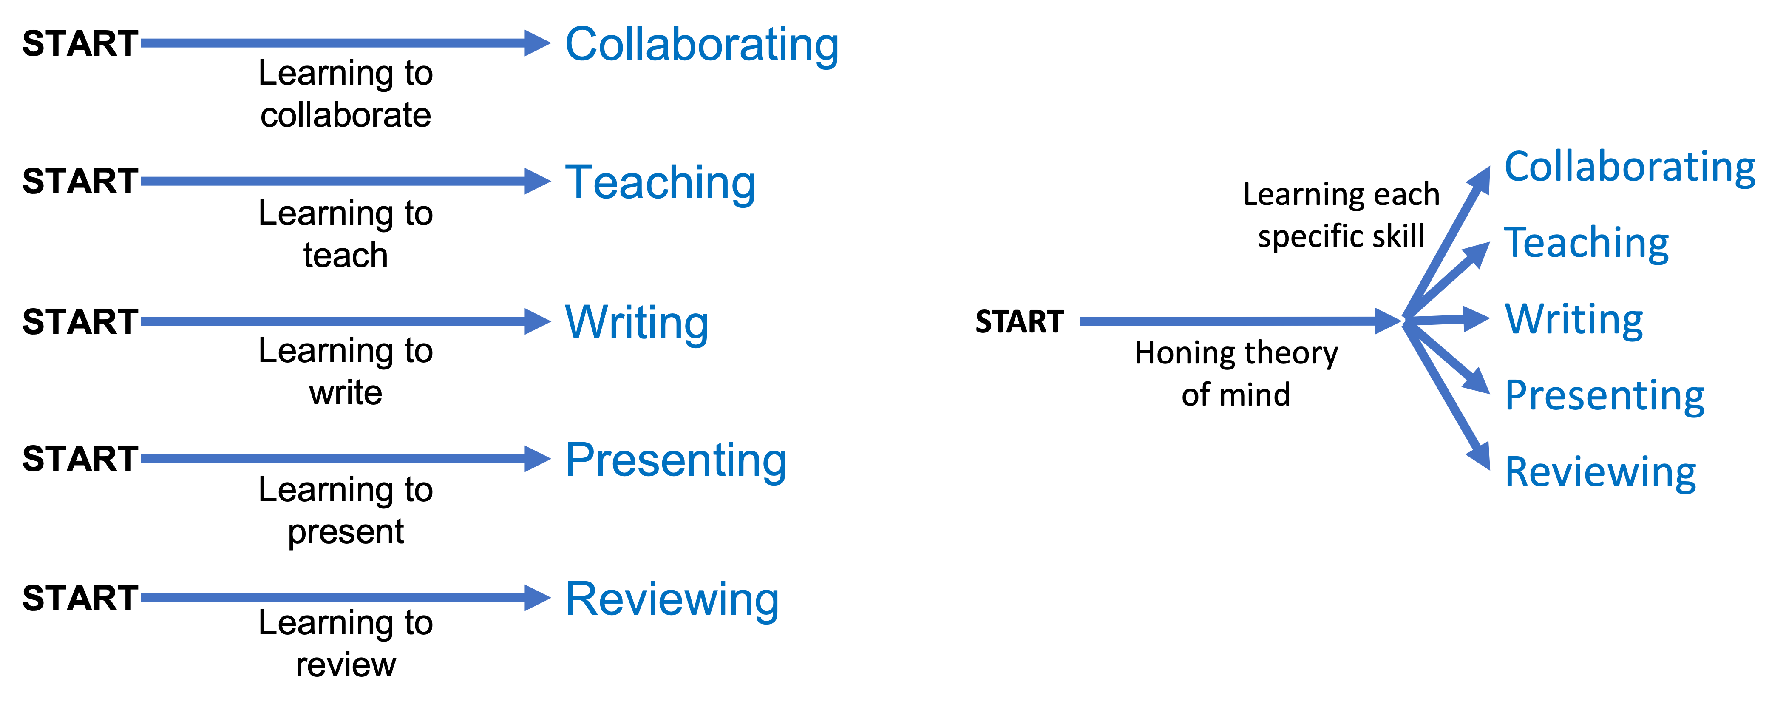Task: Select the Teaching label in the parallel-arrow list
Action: coord(660,182)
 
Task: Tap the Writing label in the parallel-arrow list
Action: coord(636,323)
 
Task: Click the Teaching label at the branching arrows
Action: coord(1586,244)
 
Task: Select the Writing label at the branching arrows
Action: coord(1574,320)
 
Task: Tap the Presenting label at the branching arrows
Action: coord(1605,396)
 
